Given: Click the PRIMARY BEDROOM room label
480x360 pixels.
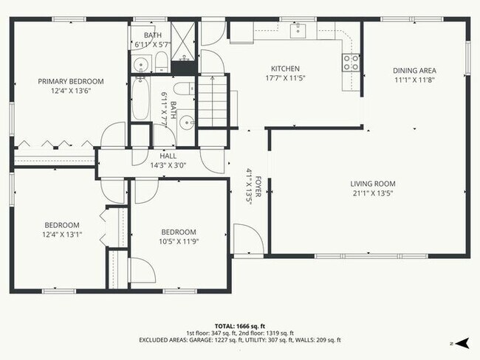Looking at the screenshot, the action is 71,81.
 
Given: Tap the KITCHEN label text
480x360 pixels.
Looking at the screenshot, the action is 285,69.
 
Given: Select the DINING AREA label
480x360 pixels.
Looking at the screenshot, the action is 414,71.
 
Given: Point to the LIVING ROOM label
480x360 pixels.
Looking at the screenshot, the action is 373,184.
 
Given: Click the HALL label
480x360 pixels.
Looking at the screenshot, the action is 168,156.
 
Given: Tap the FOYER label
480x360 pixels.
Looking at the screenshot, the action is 258,187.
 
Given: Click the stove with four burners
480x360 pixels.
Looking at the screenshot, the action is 351,63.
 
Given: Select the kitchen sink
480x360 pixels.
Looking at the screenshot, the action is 298,30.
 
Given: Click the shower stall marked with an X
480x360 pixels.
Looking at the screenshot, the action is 182,41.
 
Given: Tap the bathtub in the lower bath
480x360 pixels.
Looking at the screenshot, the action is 140,98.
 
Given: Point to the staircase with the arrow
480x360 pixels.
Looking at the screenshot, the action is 213,101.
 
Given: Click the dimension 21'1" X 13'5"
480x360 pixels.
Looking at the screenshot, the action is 373,193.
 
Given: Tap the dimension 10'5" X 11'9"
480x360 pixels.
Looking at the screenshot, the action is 179,242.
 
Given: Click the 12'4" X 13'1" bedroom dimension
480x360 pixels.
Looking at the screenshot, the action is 62,235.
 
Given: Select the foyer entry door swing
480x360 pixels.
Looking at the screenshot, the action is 249,238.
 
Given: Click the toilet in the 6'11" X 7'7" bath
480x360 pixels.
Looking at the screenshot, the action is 185,89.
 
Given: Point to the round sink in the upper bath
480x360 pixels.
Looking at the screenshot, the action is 141,64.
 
